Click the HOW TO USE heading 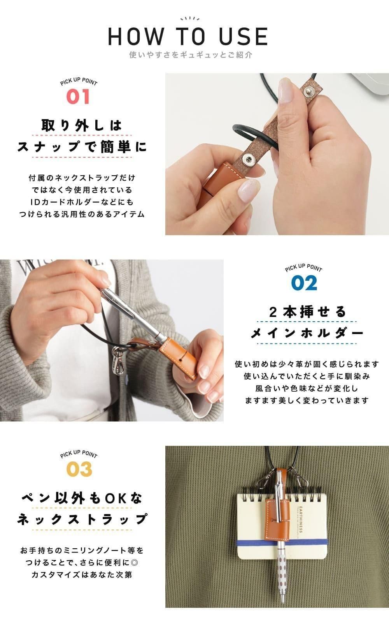click(188, 37)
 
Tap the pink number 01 click(78, 97)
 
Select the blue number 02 click(304, 283)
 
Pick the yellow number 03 click(79, 469)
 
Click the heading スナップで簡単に click(82, 146)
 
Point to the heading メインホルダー click(307, 333)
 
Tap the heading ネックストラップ click(82, 519)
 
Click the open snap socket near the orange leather click(247, 159)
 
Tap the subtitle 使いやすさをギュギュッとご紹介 click(191, 55)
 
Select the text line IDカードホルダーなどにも click(82, 202)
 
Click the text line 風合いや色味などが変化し click(307, 388)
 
